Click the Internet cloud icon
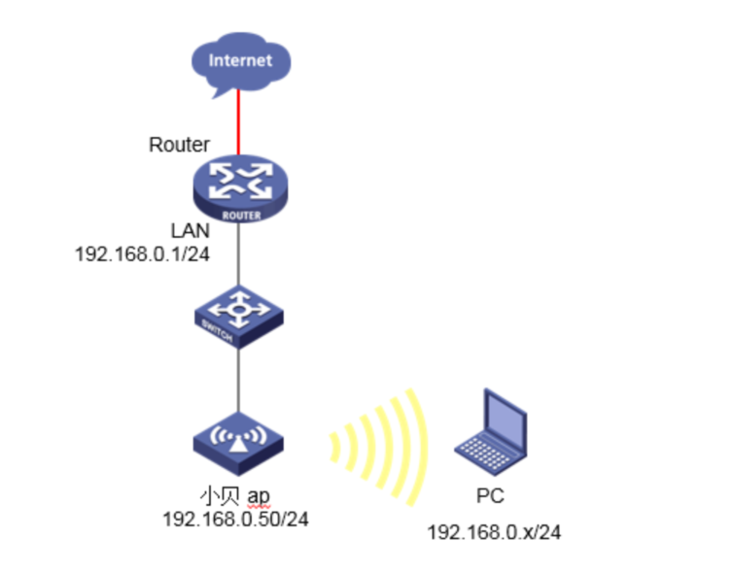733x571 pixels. [239, 63]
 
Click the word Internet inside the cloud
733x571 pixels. [240, 60]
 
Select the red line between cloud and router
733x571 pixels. [239, 124]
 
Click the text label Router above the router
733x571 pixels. [179, 145]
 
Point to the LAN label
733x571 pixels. [191, 232]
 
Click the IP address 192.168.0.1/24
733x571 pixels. [143, 253]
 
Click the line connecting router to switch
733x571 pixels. [239, 257]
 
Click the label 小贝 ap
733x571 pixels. [234, 497]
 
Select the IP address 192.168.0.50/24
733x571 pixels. [235, 520]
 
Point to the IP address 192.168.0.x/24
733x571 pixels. [495, 532]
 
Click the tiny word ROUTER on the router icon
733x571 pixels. [240, 216]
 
